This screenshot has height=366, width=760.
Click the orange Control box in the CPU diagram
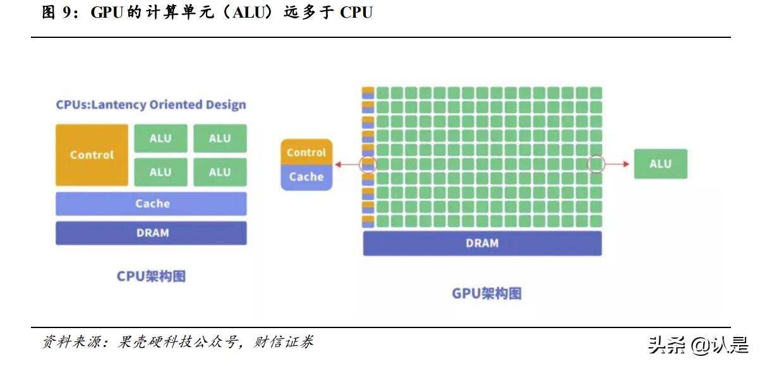coord(92,155)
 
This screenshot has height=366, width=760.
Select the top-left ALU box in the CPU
coord(160,138)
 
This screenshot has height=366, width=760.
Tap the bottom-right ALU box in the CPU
coord(219,172)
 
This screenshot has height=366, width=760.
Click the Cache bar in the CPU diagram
coord(151,204)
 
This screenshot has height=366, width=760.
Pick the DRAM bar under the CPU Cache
coord(151,233)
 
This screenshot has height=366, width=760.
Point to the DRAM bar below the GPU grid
coord(482,243)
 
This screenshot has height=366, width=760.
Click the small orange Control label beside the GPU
coord(306,152)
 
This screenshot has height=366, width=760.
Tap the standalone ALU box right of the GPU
coord(660,164)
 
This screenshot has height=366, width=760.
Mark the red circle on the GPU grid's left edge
coord(368,165)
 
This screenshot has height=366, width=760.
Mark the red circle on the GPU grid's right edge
coord(596,164)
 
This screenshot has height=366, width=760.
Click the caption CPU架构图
coord(151,276)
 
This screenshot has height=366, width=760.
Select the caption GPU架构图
coord(486,293)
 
